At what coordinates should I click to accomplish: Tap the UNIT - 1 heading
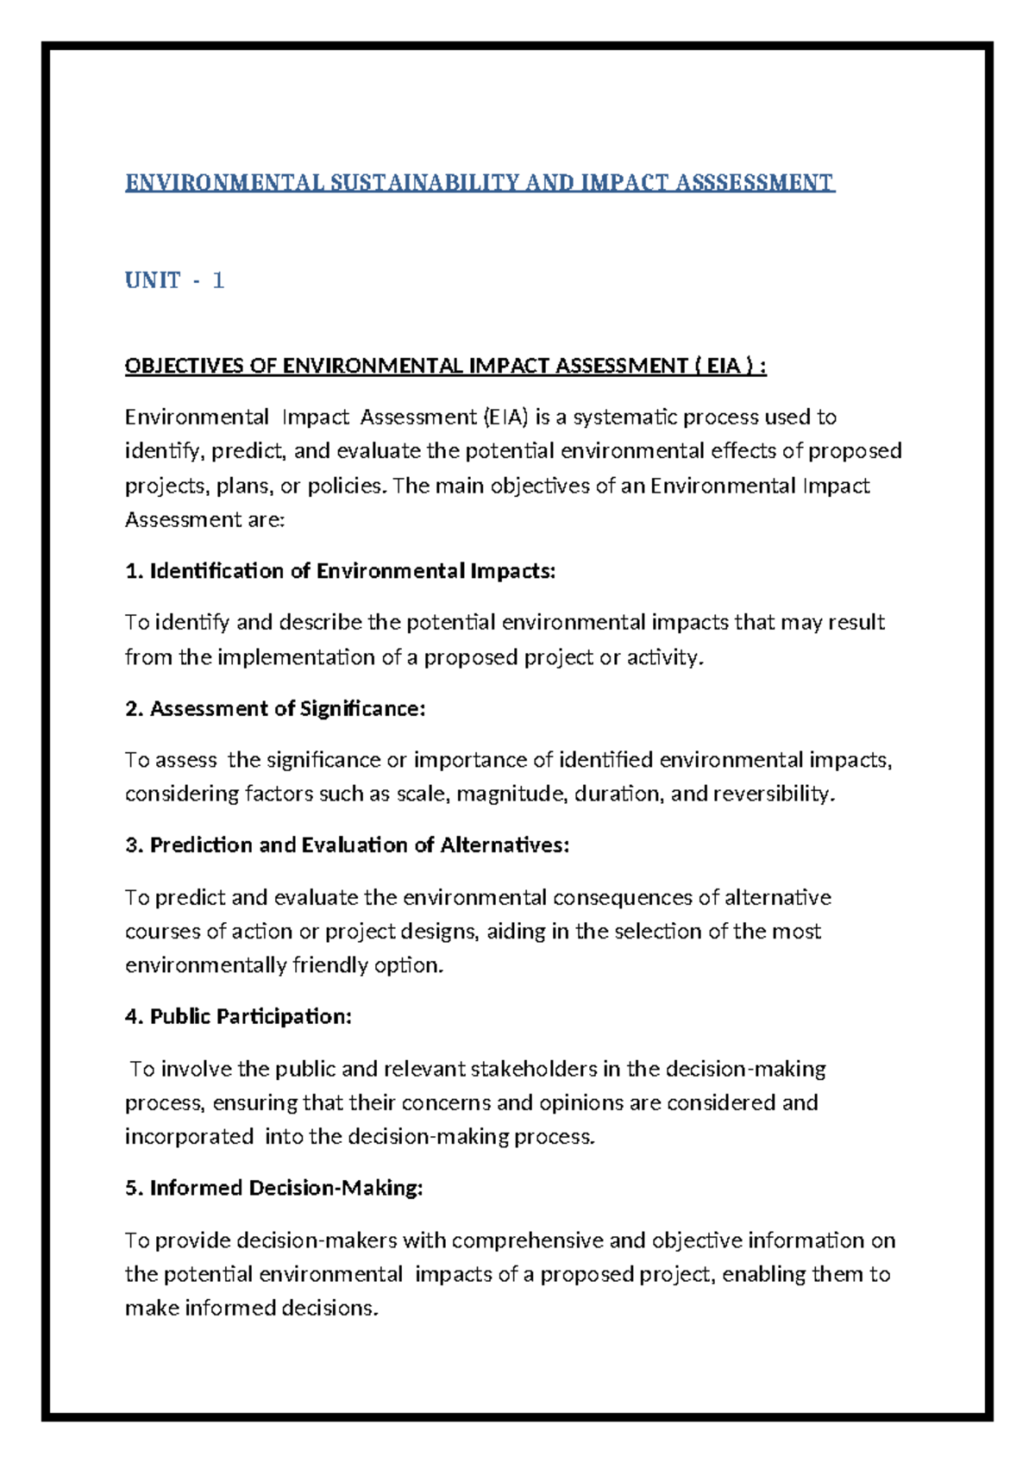click(x=174, y=280)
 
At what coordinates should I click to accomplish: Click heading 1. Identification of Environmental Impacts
click(x=340, y=571)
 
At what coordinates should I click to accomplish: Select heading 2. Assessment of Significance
click(x=275, y=709)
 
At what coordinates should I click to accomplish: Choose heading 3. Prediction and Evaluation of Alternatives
click(x=347, y=845)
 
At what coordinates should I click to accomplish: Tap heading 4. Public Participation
click(x=238, y=1017)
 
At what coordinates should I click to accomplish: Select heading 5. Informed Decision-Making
click(x=273, y=1189)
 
